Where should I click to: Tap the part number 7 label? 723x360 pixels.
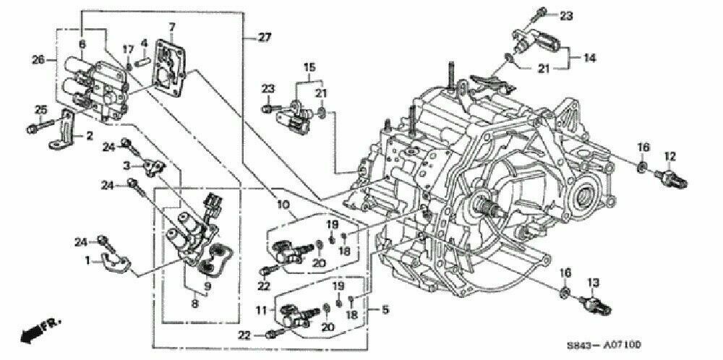pos(172,27)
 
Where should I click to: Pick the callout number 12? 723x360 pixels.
pos(669,155)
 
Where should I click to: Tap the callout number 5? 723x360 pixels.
pos(385,311)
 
